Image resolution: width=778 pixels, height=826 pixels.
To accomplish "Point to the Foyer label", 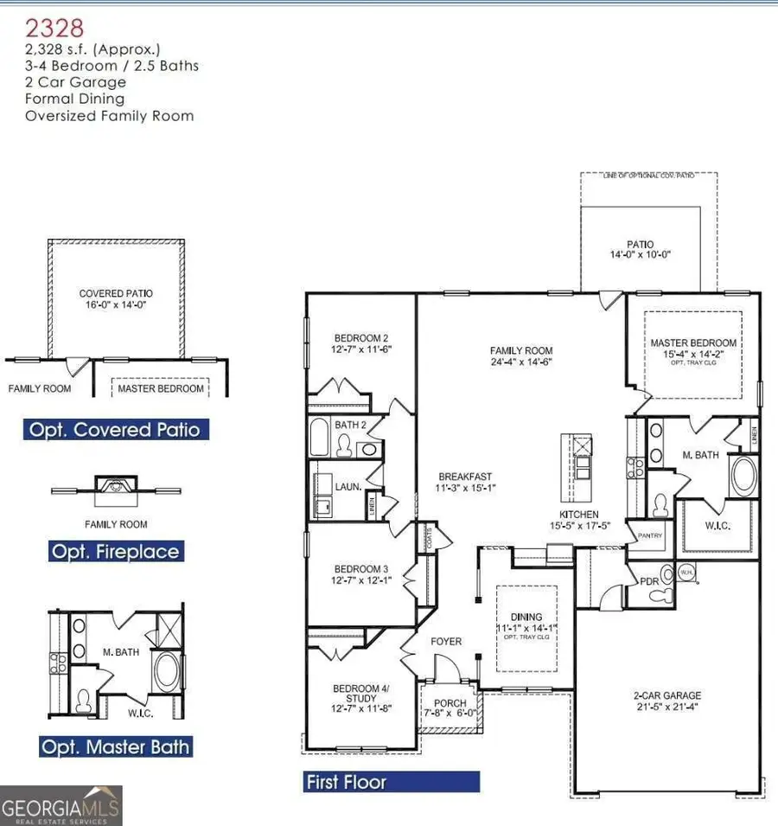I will coord(446,642).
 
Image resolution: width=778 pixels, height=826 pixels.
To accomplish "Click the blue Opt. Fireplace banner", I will coord(116,552).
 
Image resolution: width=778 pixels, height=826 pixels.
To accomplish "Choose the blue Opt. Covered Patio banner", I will coord(115,430).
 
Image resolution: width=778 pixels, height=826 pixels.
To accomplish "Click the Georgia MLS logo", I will coord(61,805).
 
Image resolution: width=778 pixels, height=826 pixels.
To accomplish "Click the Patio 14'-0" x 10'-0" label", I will coord(641,249).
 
